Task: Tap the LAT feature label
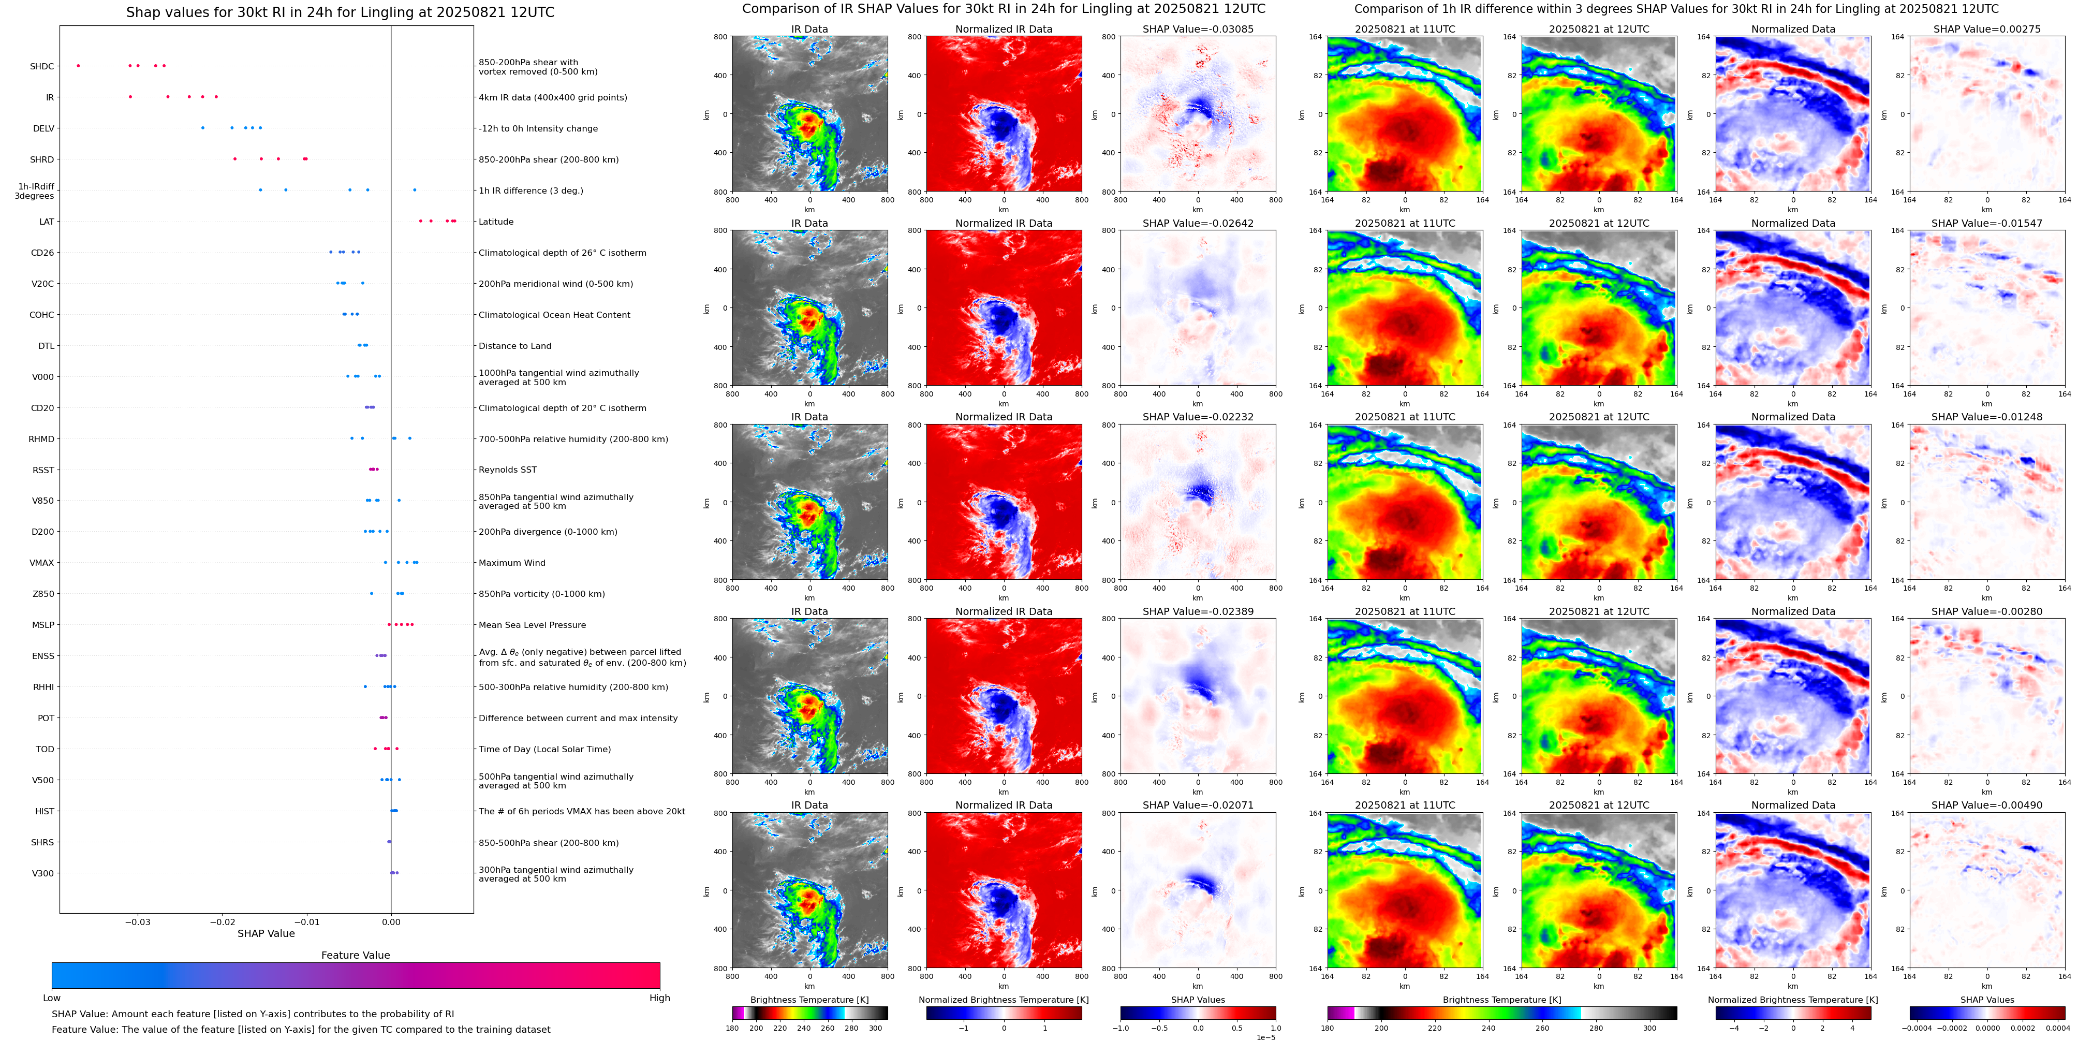pyautogui.click(x=47, y=222)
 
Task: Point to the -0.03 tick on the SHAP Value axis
pyautogui.click(x=138, y=921)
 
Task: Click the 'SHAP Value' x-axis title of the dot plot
pyautogui.click(x=266, y=933)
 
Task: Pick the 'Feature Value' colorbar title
pyautogui.click(x=355, y=955)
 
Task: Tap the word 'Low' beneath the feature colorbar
pyautogui.click(x=52, y=998)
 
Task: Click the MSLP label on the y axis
pyautogui.click(x=43, y=625)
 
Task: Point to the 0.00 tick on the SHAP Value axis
pyautogui.click(x=391, y=921)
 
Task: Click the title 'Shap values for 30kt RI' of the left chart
pyautogui.click(x=340, y=13)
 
